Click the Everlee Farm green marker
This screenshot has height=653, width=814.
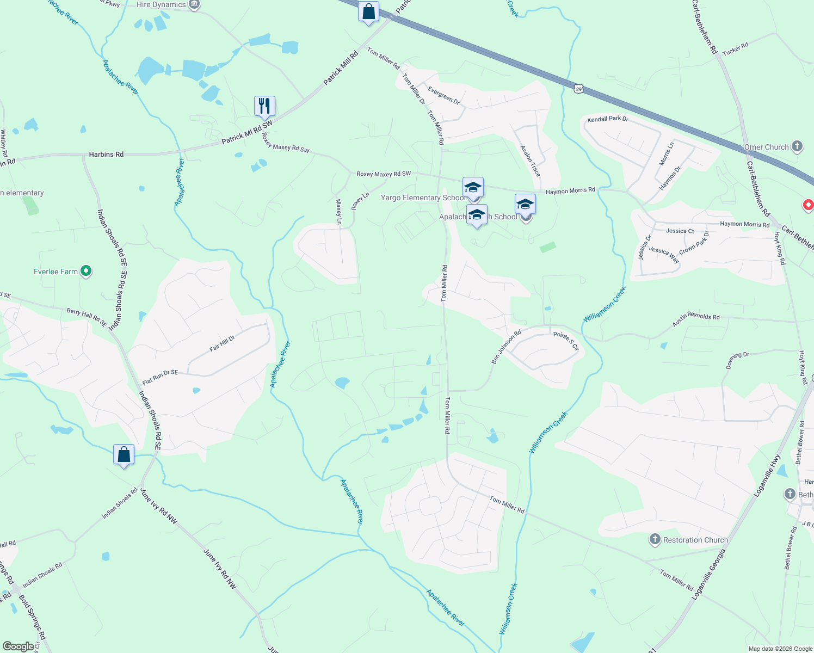pyautogui.click(x=86, y=271)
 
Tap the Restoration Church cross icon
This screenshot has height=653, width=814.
pyautogui.click(x=655, y=539)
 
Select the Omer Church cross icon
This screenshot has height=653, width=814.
pyautogui.click(x=797, y=146)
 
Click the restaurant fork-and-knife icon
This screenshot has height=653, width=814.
pyautogui.click(x=264, y=106)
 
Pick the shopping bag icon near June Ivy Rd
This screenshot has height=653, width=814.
pyautogui.click(x=124, y=454)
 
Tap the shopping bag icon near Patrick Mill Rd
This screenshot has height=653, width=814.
pyautogui.click(x=368, y=11)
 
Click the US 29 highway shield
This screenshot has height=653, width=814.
pyautogui.click(x=578, y=88)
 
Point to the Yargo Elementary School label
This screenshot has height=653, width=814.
pyautogui.click(x=423, y=198)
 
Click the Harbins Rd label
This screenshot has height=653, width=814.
pyautogui.click(x=106, y=155)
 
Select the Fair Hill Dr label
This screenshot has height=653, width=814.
pyautogui.click(x=222, y=344)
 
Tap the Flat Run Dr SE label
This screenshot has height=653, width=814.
pyautogui.click(x=160, y=377)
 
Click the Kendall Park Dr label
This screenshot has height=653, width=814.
pyautogui.click(x=608, y=119)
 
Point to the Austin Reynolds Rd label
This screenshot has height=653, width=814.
pyautogui.click(x=696, y=319)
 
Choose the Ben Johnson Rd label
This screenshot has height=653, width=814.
pyautogui.click(x=506, y=347)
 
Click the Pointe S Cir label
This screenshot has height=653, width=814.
pyautogui.click(x=566, y=341)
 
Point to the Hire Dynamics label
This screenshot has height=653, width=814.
pyautogui.click(x=161, y=5)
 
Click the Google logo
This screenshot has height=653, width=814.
pyautogui.click(x=18, y=646)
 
